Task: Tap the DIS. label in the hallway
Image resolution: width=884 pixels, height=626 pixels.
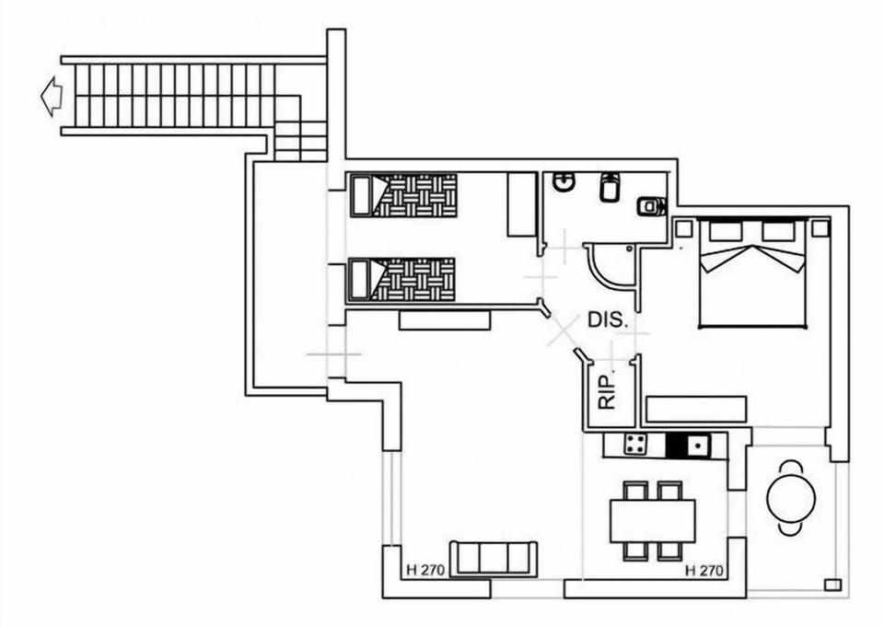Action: coord(608,321)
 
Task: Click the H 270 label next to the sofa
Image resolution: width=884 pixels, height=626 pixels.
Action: coord(425,571)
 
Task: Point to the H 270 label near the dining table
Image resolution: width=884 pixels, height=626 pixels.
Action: coord(705,571)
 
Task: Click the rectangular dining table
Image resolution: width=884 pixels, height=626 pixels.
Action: coord(652,521)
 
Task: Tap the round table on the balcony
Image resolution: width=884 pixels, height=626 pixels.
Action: coord(791,498)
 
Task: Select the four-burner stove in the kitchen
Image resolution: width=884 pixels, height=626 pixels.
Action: coord(635,445)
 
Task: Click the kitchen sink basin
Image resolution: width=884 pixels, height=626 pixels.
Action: coord(698,446)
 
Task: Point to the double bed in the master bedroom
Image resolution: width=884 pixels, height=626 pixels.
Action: coord(753,274)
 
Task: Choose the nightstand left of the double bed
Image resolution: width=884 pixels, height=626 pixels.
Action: coord(684,226)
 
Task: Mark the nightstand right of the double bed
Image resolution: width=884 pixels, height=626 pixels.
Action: coord(820,226)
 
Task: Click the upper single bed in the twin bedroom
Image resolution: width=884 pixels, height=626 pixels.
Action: coord(403,195)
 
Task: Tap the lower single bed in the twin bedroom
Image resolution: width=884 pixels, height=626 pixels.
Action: coord(403,279)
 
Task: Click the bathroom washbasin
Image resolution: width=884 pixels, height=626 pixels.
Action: coord(564,184)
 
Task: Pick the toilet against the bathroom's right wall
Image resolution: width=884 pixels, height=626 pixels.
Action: coord(651,206)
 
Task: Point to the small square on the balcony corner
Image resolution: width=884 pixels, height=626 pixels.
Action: coord(832,583)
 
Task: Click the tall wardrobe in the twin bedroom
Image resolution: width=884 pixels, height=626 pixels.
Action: coord(521,203)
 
